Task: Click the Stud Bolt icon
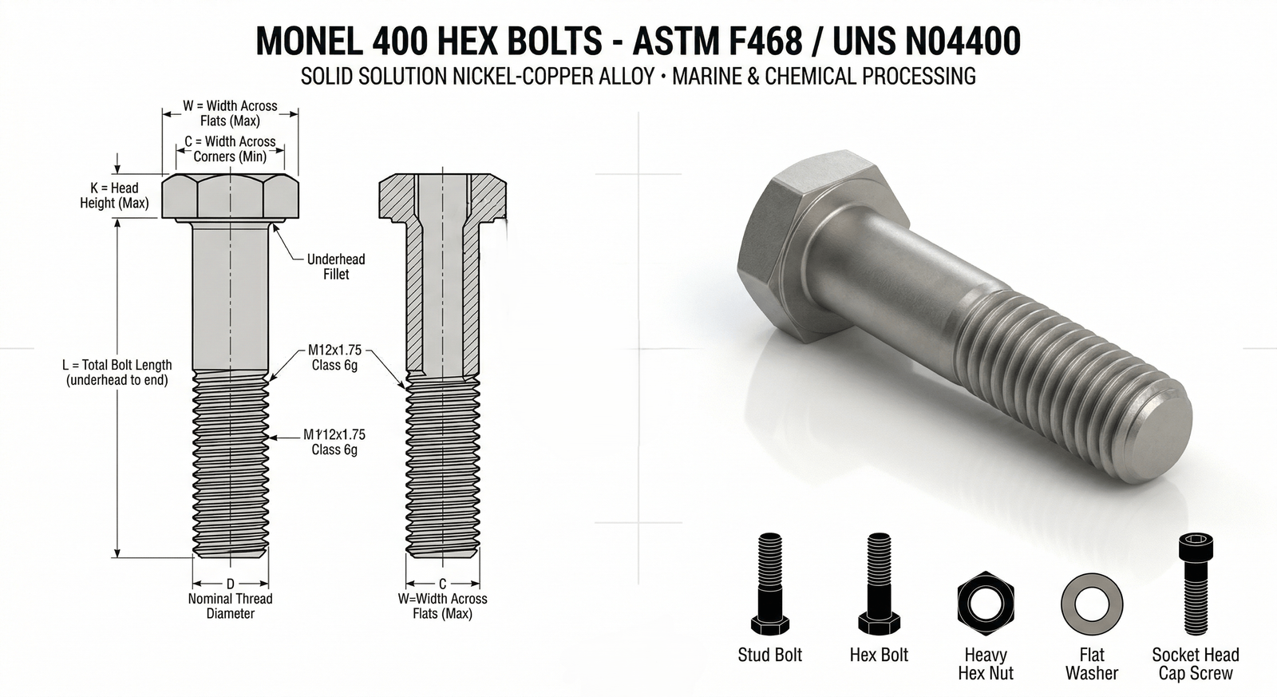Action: [x=769, y=584]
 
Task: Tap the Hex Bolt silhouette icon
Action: [x=879, y=584]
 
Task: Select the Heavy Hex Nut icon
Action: [x=986, y=601]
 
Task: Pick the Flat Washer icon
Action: [x=1091, y=601]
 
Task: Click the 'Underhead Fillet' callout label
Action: [x=336, y=267]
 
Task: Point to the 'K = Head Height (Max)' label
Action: [x=114, y=196]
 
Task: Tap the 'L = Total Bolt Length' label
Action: [x=117, y=373]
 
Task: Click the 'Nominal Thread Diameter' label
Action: [x=230, y=606]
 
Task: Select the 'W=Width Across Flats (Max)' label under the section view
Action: [x=442, y=606]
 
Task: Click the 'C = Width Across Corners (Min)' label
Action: [x=230, y=149]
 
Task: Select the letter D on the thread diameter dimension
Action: [x=230, y=584]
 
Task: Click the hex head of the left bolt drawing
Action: [x=230, y=196]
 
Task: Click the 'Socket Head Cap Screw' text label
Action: [x=1195, y=664]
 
